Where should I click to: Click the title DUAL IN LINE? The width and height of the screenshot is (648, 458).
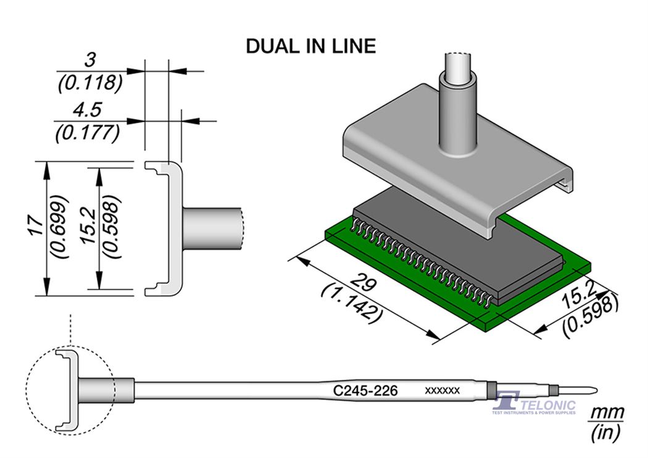click(310, 46)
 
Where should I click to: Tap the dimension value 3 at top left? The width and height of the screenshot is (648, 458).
click(91, 60)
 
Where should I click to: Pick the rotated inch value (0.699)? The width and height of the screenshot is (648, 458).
click(60, 227)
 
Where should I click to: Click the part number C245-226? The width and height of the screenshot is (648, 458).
click(365, 391)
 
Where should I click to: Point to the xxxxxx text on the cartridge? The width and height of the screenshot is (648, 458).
click(442, 391)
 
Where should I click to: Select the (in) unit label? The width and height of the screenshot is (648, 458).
click(605, 433)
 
